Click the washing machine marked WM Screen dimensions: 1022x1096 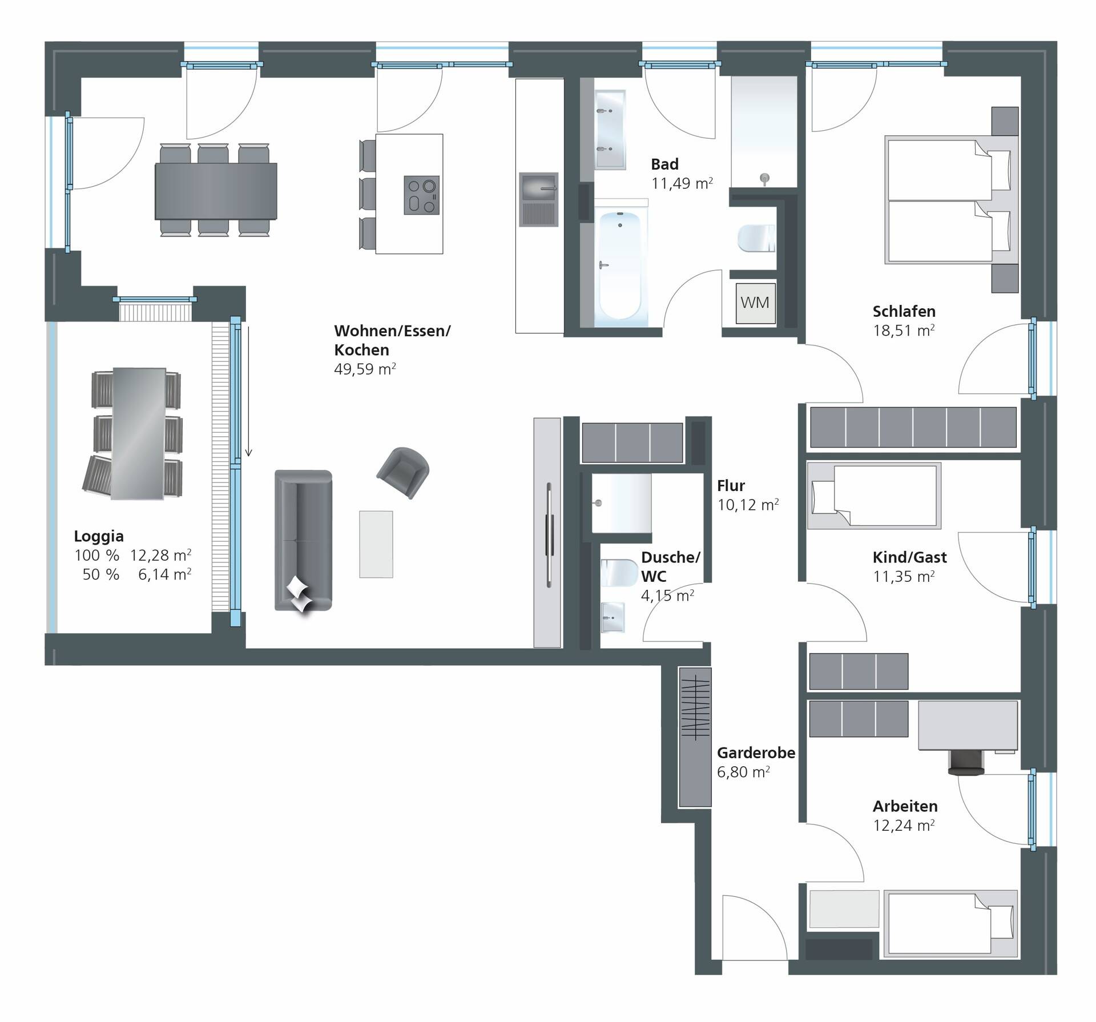755,303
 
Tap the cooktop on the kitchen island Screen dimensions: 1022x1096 422,195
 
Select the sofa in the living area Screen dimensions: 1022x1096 303,540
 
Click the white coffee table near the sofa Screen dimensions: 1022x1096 376,544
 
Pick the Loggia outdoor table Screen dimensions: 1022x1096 139,433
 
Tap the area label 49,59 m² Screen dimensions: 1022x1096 365,369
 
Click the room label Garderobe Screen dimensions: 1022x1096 756,753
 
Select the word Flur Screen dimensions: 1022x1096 731,486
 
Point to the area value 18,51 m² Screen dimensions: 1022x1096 903,331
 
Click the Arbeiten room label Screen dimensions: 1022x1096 905,806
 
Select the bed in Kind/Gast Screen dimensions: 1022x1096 873,495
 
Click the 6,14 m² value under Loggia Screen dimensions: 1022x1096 164,574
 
